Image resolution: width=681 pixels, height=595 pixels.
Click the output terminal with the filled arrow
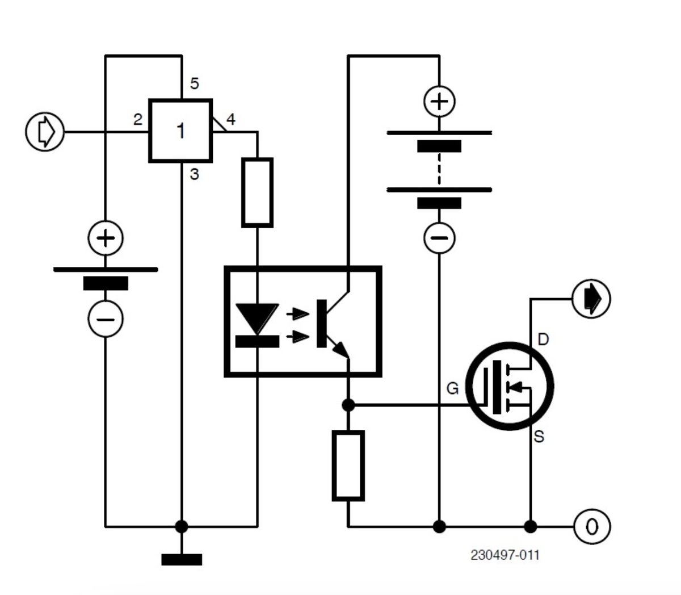click(591, 298)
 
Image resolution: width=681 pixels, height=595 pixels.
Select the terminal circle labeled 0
click(592, 526)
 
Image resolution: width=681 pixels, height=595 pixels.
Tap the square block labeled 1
click(180, 131)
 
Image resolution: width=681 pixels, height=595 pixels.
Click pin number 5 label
click(195, 84)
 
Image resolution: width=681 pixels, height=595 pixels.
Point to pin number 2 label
click(137, 119)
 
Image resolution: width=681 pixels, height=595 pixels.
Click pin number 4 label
click(230, 119)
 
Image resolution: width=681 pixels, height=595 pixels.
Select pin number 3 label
click(195, 174)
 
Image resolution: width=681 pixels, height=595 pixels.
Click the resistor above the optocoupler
click(258, 192)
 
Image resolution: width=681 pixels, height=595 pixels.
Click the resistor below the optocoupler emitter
click(348, 466)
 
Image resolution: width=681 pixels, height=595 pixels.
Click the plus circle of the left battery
click(106, 237)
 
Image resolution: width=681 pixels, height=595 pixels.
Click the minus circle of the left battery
click(106, 319)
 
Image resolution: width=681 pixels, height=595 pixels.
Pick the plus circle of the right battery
click(440, 102)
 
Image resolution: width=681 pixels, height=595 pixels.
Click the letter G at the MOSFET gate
click(452, 389)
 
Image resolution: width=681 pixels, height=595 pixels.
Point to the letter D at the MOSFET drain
click(543, 340)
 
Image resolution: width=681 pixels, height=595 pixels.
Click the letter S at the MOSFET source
click(539, 437)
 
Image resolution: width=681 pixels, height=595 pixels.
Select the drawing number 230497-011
click(505, 555)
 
